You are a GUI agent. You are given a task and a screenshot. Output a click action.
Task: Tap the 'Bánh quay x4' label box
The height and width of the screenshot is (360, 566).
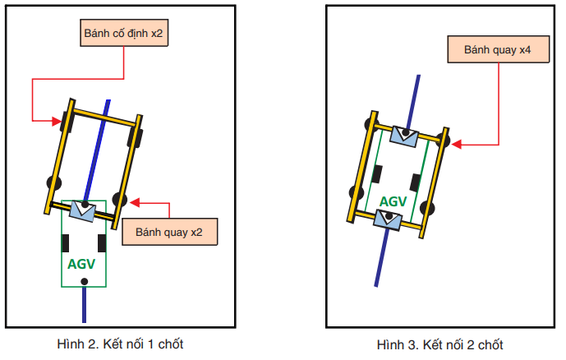pos(496,49)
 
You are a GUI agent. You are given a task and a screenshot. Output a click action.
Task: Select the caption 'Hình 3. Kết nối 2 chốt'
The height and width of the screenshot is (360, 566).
pos(439,344)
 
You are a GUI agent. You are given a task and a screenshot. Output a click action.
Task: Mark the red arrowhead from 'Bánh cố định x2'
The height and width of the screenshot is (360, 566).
pos(58,122)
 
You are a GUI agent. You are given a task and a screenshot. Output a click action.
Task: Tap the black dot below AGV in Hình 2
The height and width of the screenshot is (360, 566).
pos(84,282)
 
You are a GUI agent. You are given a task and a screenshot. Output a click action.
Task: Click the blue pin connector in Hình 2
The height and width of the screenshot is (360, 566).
pos(84,210)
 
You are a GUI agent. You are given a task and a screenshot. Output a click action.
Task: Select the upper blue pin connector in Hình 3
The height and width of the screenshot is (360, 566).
pos(406,135)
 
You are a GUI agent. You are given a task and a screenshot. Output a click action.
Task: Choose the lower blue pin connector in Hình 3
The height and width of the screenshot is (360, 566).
pos(388,219)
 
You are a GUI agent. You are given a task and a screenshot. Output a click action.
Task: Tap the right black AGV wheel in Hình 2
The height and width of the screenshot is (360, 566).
pos(102,243)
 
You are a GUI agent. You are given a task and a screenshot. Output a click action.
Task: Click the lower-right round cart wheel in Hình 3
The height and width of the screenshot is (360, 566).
pos(428,208)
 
